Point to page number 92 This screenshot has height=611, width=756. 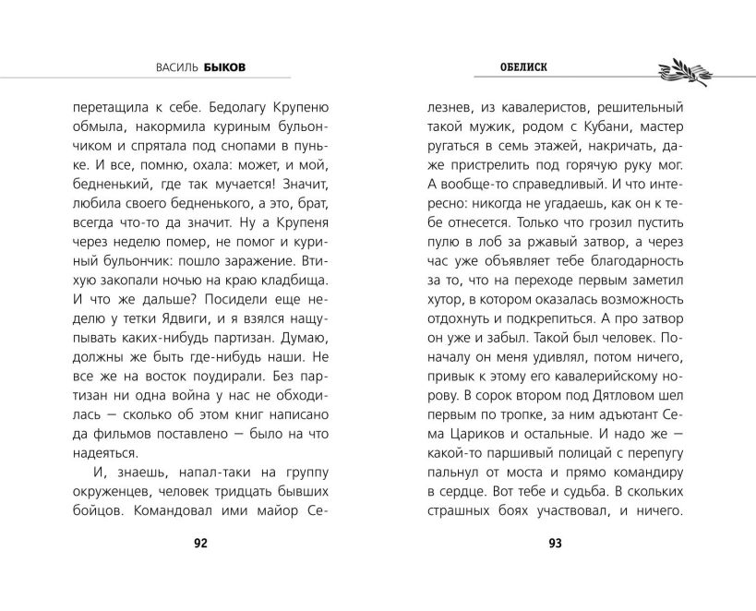pyautogui.click(x=201, y=543)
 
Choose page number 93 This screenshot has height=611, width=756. pyautogui.click(x=555, y=543)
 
